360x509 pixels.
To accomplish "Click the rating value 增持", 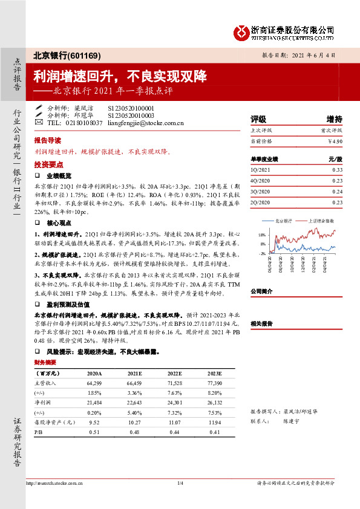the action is coord(334,118).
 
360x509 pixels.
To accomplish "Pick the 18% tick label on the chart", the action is coord(262,235).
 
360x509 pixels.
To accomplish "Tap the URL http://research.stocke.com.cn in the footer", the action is coord(55,483).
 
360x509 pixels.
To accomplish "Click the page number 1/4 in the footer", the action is coord(180,483).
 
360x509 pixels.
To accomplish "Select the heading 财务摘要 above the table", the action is coord(45,362).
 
